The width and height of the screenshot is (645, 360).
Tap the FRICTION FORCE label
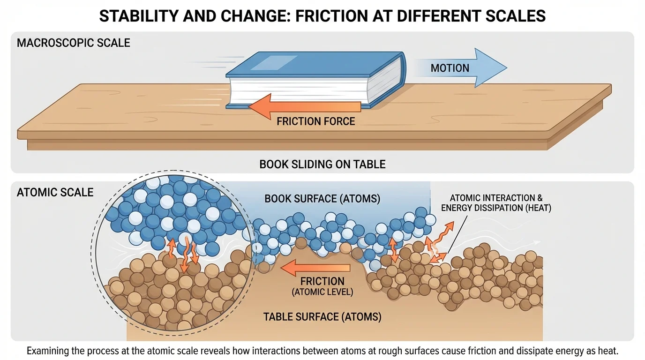pyautogui.click(x=315, y=121)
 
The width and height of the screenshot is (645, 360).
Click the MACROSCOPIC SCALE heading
pyautogui.click(x=74, y=43)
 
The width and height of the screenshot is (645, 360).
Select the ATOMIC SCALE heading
pyautogui.click(x=55, y=192)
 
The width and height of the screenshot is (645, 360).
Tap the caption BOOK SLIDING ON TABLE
pyautogui.click(x=322, y=165)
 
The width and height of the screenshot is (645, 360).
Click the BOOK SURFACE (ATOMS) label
pyautogui.click(x=322, y=199)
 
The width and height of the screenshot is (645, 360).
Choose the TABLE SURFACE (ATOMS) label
pyautogui.click(x=322, y=317)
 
